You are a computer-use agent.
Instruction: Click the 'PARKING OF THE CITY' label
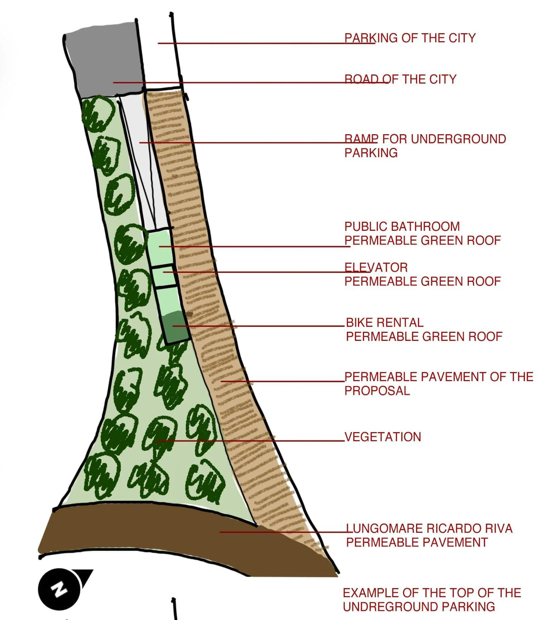(410, 38)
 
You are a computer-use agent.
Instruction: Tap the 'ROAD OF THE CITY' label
(400, 79)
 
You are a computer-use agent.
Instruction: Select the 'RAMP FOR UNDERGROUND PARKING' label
(425, 146)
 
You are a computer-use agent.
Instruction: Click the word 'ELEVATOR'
(376, 267)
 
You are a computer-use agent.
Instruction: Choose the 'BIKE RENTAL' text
(385, 322)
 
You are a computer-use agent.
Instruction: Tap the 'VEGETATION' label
(383, 437)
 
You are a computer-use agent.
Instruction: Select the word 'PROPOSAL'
(377, 391)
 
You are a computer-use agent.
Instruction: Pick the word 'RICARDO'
(451, 528)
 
